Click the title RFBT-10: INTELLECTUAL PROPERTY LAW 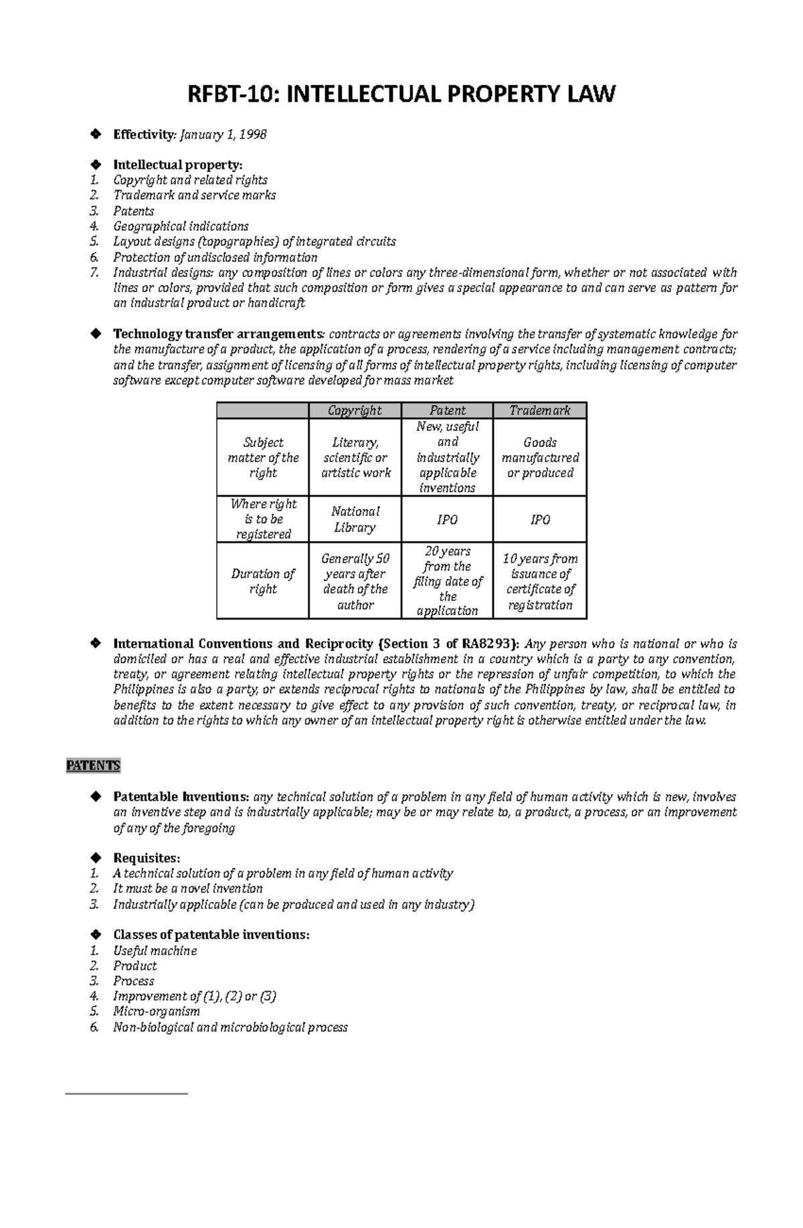pyautogui.click(x=401, y=94)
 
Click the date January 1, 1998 pyautogui.click(x=223, y=135)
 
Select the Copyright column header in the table pyautogui.click(x=355, y=410)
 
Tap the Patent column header pyautogui.click(x=447, y=410)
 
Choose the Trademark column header pyautogui.click(x=539, y=410)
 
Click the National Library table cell pyautogui.click(x=355, y=519)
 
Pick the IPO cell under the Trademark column pyautogui.click(x=539, y=519)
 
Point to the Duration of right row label pyautogui.click(x=262, y=581)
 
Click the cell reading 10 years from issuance pyautogui.click(x=539, y=581)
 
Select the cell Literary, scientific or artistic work pyautogui.click(x=355, y=458)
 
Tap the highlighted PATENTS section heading pyautogui.click(x=93, y=766)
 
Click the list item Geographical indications pyautogui.click(x=181, y=226)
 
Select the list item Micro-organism pyautogui.click(x=157, y=1011)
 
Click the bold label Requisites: pyautogui.click(x=147, y=858)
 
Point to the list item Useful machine pyautogui.click(x=155, y=950)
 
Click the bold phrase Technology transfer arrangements pyautogui.click(x=218, y=334)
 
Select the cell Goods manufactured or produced pyautogui.click(x=539, y=458)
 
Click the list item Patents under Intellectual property pyautogui.click(x=134, y=211)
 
